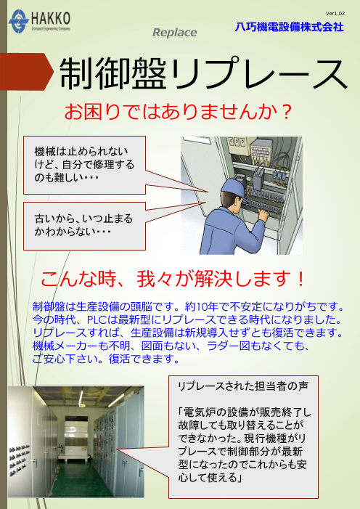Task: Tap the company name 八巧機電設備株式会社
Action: pos(290,28)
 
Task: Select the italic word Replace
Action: pos(174,33)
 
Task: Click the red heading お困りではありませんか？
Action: pos(179,113)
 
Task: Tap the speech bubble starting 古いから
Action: pos(83,223)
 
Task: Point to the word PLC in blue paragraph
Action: pos(97,318)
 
